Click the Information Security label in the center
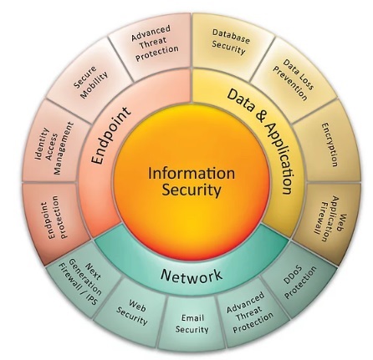192,181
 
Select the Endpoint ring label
111,135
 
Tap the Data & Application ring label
262,140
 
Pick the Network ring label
192,275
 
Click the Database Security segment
231,42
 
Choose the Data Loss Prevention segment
294,79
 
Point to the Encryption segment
329,144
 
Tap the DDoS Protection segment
300,282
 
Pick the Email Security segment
192,323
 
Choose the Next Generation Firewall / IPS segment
81,282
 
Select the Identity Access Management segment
55,148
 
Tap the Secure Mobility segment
90,82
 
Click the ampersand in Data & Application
259,117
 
